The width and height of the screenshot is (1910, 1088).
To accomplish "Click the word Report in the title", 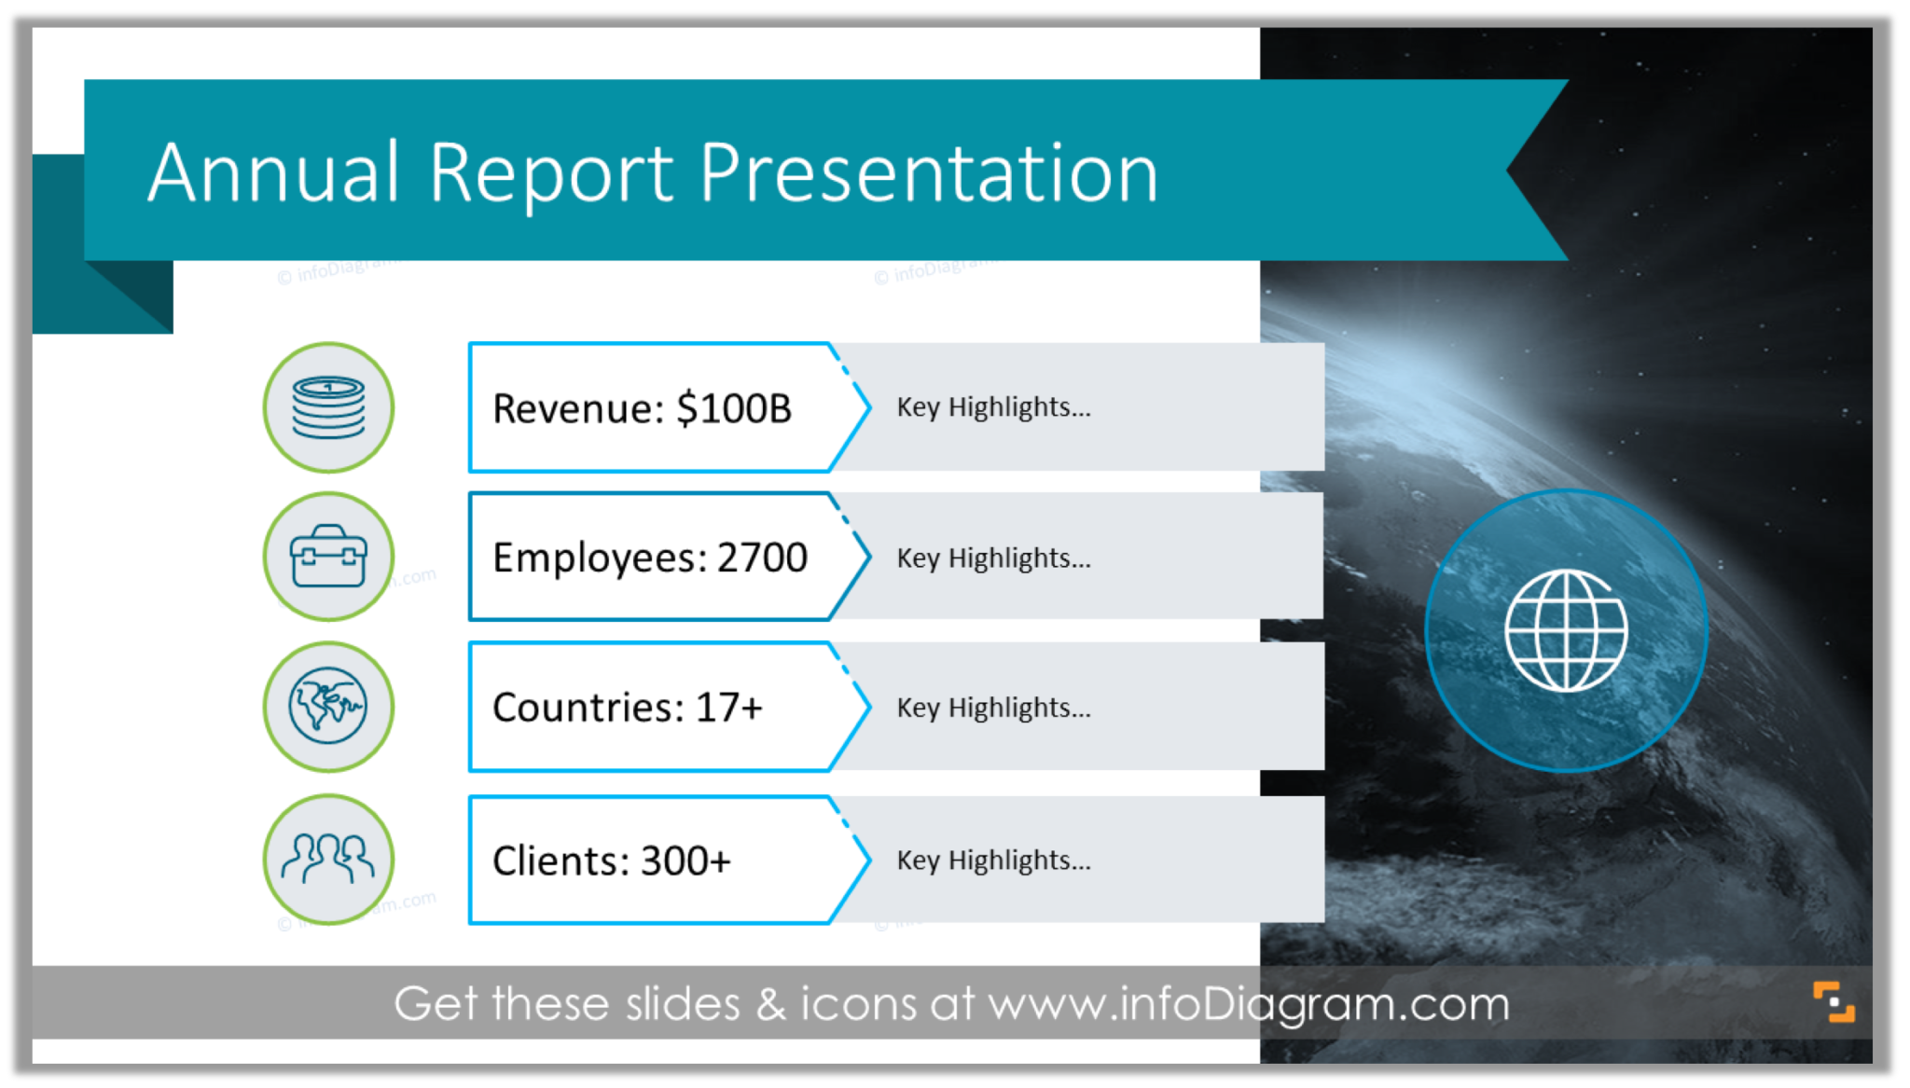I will [x=550, y=174].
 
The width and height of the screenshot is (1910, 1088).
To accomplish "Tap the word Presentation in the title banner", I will [x=928, y=174].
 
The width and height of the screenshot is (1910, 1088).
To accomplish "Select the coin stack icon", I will [x=328, y=407].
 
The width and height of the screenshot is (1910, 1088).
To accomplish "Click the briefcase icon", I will [x=328, y=557].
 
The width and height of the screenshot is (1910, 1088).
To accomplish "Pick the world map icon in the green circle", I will [x=328, y=706].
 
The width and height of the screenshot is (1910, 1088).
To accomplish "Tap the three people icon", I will [x=328, y=858].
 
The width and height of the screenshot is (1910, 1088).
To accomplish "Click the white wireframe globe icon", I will [x=1566, y=631].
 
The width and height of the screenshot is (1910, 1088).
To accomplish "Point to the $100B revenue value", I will [x=734, y=408].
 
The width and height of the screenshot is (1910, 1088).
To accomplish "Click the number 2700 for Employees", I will [x=762, y=558].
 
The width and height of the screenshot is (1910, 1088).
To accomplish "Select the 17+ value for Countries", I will [x=729, y=708].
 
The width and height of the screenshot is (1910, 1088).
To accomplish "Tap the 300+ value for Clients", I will [x=685, y=861].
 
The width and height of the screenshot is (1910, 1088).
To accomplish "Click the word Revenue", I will [x=577, y=408].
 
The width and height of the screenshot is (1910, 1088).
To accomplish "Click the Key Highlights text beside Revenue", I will [x=993, y=407].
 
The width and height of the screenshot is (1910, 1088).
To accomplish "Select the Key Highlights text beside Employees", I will [x=993, y=558].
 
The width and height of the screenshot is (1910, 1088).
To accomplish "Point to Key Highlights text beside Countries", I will [x=993, y=709].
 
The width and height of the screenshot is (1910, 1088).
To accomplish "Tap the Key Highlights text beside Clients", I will [x=993, y=861].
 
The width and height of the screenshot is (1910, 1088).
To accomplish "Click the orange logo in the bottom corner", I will [x=1834, y=1002].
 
